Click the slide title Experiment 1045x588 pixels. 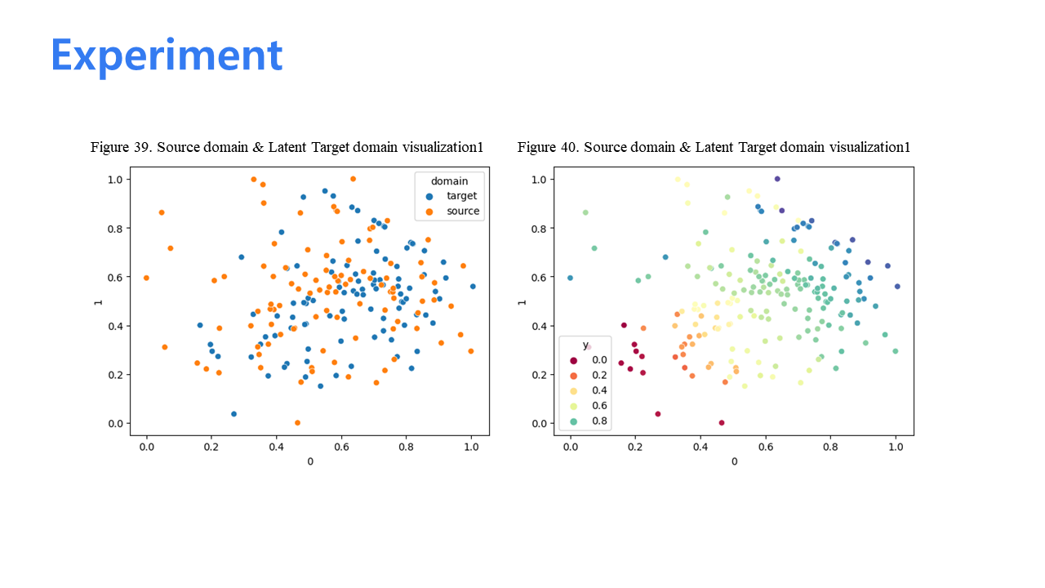point(167,56)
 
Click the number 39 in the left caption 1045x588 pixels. point(141,147)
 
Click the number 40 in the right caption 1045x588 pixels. point(568,147)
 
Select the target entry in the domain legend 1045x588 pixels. point(452,196)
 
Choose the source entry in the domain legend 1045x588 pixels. point(452,212)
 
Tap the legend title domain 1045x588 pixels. point(449,181)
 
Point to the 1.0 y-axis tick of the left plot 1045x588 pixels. point(115,180)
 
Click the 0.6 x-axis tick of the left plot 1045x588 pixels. point(341,447)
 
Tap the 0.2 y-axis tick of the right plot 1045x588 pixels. point(539,375)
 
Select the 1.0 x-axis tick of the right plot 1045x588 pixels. point(896,447)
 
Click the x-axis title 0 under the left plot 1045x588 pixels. point(310,461)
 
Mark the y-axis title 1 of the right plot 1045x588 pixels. point(522,302)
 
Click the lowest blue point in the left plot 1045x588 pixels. point(234,414)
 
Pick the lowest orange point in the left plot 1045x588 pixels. point(298,423)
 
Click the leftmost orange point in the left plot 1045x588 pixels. point(146,278)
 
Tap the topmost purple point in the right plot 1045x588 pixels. point(777,179)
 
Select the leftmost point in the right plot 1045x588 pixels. point(570,278)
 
